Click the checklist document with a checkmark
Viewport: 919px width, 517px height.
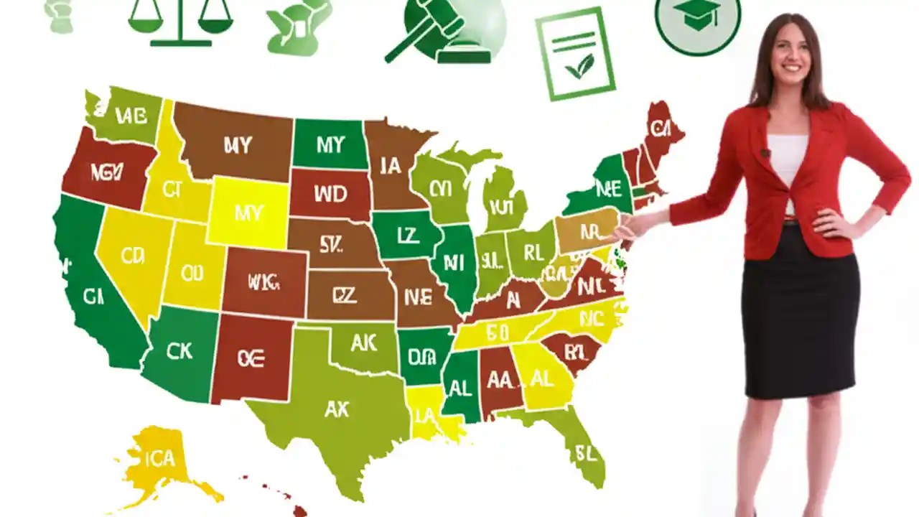[x=575, y=54]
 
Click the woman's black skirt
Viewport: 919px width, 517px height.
[x=800, y=316]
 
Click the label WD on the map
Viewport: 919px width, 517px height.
[x=330, y=194]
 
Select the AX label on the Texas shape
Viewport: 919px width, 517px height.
[x=336, y=409]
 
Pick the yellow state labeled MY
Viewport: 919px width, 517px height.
[x=248, y=213]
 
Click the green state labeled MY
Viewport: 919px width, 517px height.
[x=330, y=145]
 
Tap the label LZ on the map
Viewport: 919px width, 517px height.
[x=407, y=236]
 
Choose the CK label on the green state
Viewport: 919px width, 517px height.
[x=179, y=350]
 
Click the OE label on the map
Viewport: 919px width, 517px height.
[x=251, y=359]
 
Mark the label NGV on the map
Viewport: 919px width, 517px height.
[x=107, y=172]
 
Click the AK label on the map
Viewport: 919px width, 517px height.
[x=364, y=343]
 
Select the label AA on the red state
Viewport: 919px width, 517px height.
[x=500, y=381]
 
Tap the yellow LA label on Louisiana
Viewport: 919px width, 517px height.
[x=425, y=414]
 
